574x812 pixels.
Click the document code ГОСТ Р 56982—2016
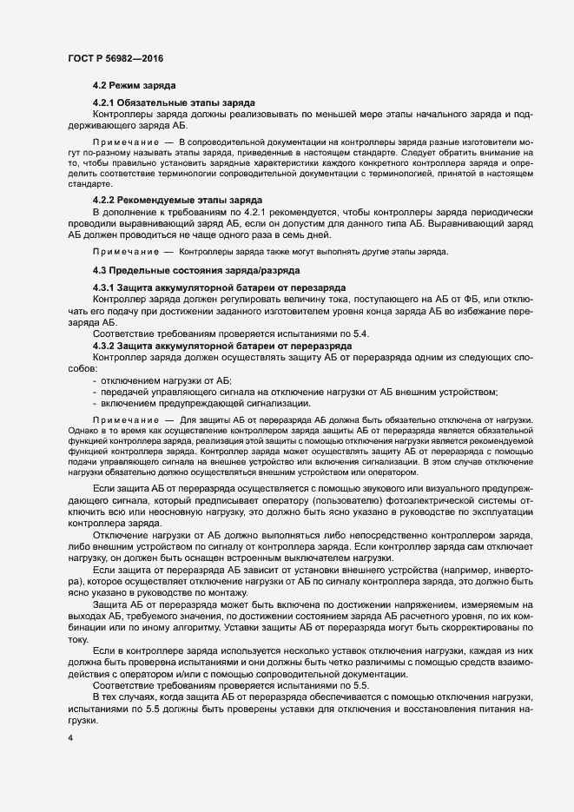coord(115,57)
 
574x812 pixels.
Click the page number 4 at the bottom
coord(69,739)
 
